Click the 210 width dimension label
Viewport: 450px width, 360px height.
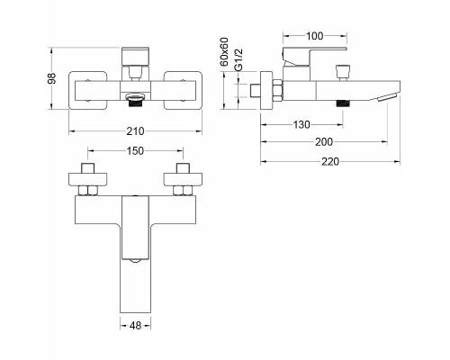(x=135, y=131)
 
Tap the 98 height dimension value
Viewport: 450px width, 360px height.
(x=52, y=78)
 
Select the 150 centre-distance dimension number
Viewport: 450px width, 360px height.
(x=135, y=151)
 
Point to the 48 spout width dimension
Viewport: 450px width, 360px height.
(x=136, y=325)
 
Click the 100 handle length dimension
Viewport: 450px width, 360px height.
(x=315, y=36)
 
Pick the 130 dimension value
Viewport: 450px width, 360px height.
(x=301, y=124)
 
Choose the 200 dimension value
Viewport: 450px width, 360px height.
(x=324, y=142)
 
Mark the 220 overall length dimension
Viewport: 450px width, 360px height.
(x=330, y=162)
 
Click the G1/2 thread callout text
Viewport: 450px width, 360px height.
(x=238, y=60)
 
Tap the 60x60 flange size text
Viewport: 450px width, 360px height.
(x=224, y=52)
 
